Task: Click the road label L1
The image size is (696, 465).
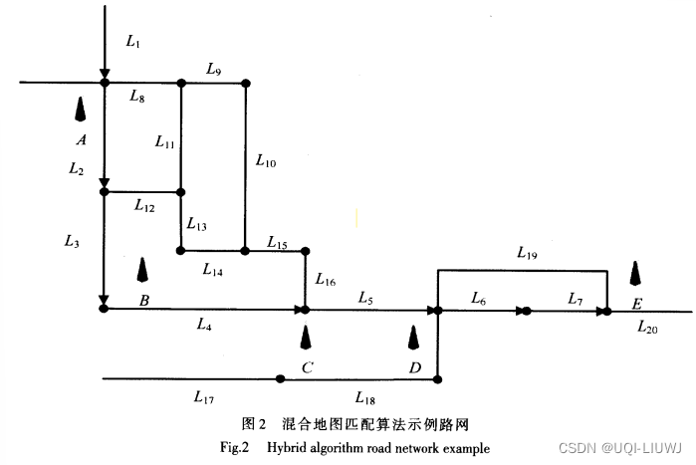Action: [x=134, y=42]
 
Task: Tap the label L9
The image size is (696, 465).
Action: [x=214, y=69]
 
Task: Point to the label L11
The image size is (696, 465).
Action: [x=165, y=142]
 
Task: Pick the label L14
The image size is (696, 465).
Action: [x=212, y=268]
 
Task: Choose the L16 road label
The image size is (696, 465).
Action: [x=326, y=281]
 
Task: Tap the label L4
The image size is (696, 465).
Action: [x=204, y=324]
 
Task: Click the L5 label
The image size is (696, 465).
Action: [x=366, y=299]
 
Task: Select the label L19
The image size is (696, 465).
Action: [x=528, y=254]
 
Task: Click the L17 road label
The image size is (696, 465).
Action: [x=203, y=397]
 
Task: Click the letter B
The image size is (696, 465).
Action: [x=144, y=300]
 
